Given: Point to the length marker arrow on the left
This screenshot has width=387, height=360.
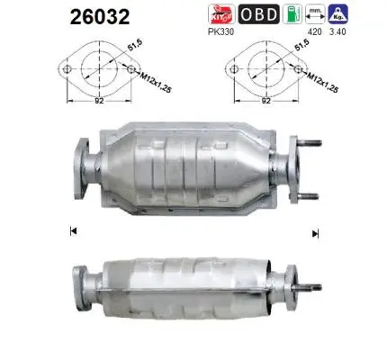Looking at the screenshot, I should pos(72,232).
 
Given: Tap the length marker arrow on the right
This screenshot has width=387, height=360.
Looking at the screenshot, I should pos(315,233).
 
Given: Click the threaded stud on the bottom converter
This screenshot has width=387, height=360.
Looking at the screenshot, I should pos(311,287).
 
